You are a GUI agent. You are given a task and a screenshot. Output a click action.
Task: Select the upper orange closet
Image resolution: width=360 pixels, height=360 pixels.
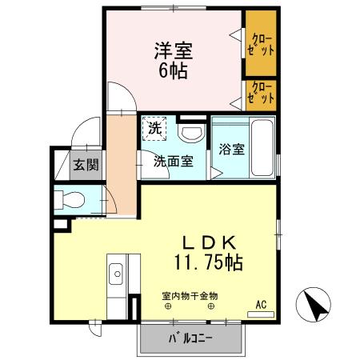pos(262,42)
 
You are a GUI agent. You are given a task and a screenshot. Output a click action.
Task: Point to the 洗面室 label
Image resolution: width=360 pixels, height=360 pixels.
pos(173,160)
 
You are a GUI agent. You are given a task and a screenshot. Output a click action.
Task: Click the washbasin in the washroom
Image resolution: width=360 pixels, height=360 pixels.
pos(190,132)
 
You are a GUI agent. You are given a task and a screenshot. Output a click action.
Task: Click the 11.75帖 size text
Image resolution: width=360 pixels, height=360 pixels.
pos(206,262)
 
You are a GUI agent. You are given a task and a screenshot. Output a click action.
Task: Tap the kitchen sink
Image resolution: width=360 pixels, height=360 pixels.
pos(117,272)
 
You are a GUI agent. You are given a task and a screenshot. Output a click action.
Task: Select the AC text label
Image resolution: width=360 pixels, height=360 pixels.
pos(261,304)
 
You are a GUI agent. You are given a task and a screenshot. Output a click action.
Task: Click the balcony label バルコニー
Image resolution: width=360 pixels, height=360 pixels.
pos(190,338)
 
